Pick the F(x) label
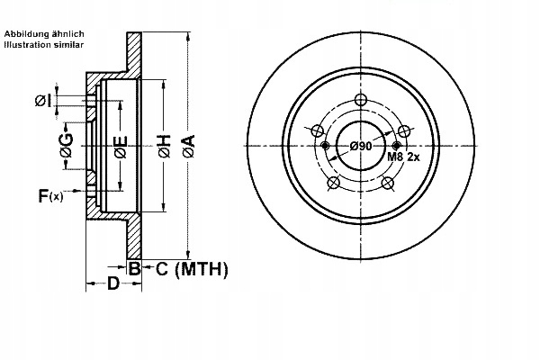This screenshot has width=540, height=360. (x=50, y=194)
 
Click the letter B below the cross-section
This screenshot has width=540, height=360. (x=133, y=268)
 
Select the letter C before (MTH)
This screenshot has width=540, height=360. (x=163, y=268)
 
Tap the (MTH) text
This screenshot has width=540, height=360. (x=202, y=268)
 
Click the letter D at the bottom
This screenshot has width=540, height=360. (x=113, y=284)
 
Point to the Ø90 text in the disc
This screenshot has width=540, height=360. (x=361, y=146)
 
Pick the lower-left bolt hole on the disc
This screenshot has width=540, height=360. (x=333, y=184)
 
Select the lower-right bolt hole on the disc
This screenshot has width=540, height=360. (x=388, y=184)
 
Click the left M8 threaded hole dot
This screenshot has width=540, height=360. (x=325, y=144)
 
